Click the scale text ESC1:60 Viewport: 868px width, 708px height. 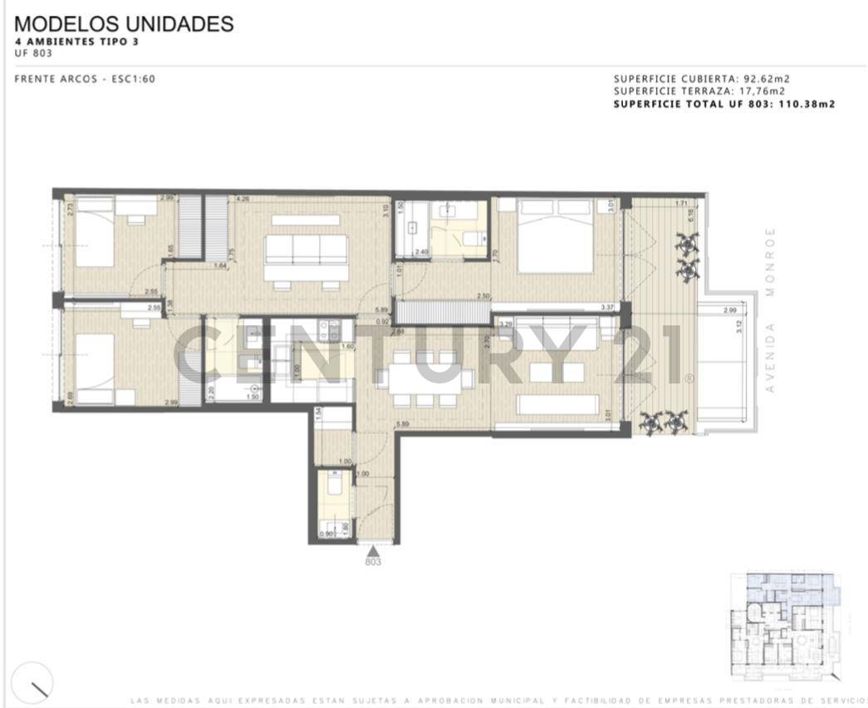(x=134, y=80)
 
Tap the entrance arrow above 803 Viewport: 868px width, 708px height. (x=374, y=549)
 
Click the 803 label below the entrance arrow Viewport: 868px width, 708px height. (x=374, y=562)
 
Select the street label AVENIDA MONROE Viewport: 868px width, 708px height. (x=770, y=309)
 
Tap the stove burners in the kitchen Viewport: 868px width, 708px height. (x=333, y=332)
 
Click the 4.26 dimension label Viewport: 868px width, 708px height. (x=243, y=199)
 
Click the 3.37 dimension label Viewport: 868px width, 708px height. (x=609, y=307)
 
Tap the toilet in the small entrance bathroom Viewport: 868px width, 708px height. (x=335, y=482)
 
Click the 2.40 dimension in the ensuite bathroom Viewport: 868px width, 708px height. (x=422, y=251)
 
